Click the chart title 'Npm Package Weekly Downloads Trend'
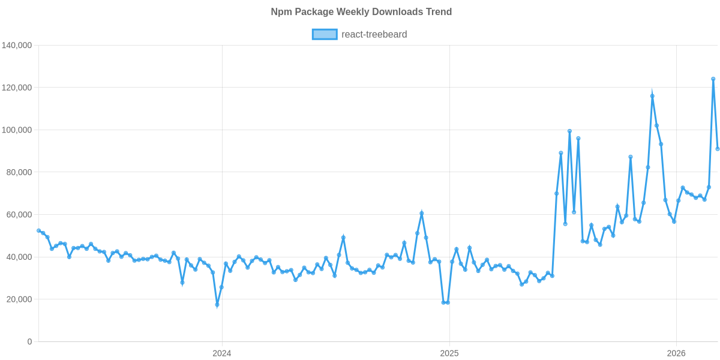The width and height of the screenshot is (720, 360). pyautogui.click(x=361, y=12)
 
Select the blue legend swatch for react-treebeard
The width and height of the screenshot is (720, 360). pyautogui.click(x=324, y=35)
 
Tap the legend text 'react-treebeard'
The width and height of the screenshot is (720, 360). pyautogui.click(x=374, y=35)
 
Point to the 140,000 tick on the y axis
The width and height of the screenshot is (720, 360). pyautogui.click(x=17, y=46)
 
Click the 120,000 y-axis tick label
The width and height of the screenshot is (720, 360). pyautogui.click(x=17, y=88)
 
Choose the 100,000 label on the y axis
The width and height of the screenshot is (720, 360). pyautogui.click(x=17, y=130)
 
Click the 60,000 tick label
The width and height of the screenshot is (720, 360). pyautogui.click(x=19, y=215)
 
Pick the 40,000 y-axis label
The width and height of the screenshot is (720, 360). pyautogui.click(x=19, y=257)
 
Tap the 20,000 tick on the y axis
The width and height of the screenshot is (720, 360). pyautogui.click(x=19, y=299)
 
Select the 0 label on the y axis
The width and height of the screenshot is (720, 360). pyautogui.click(x=29, y=342)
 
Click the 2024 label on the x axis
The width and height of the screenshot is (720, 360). pyautogui.click(x=221, y=353)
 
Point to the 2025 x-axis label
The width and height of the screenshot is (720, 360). pyautogui.click(x=449, y=353)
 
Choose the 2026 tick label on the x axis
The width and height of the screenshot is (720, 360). pyautogui.click(x=676, y=353)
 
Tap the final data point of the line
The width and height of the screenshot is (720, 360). pyautogui.click(x=718, y=149)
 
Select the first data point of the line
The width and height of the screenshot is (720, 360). pyautogui.click(x=38, y=230)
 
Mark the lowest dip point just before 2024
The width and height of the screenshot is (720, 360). pyautogui.click(x=217, y=305)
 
